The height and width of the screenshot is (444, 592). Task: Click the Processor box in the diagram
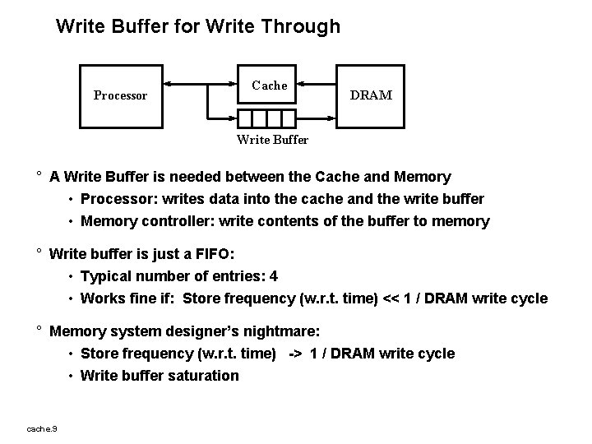(120, 95)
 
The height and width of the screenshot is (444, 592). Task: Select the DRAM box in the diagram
(372, 95)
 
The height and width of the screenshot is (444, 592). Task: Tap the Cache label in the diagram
(270, 86)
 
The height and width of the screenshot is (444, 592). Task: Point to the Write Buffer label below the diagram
(272, 140)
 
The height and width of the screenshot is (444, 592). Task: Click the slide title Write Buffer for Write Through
(197, 26)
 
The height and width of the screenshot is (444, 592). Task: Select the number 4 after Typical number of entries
(284, 276)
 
